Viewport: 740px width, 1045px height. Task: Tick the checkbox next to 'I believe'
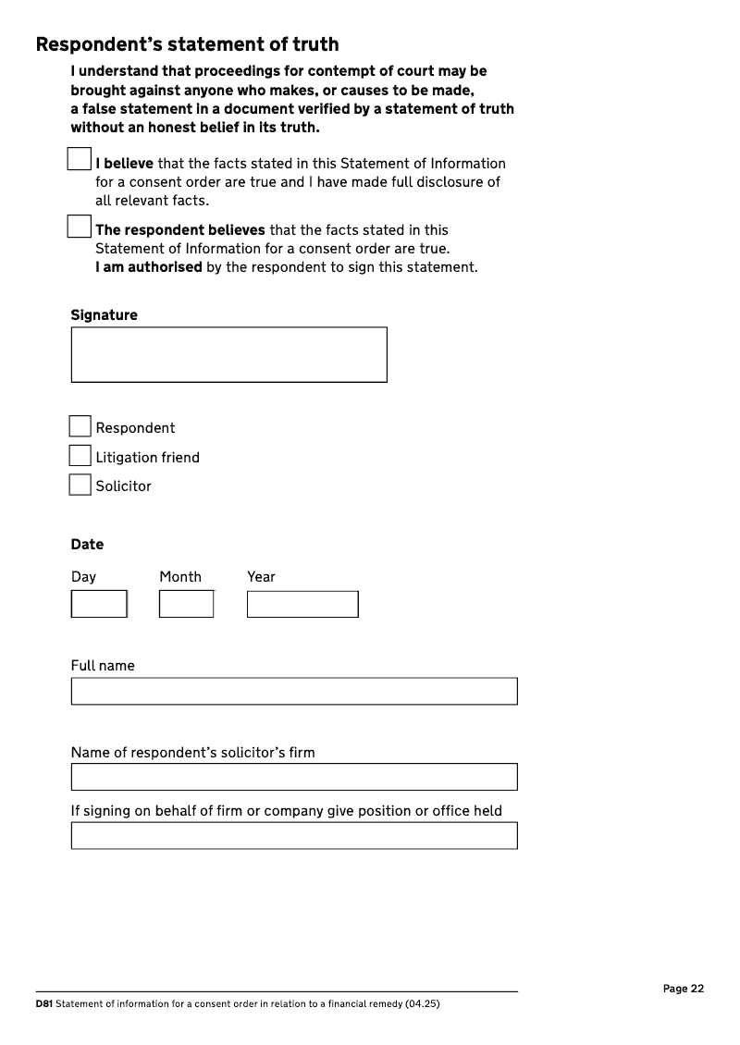80,158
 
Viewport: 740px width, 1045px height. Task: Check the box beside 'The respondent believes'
80,226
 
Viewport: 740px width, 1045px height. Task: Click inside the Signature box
228,354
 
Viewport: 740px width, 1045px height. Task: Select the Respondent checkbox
80,426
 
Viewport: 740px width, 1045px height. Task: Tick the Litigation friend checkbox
80,456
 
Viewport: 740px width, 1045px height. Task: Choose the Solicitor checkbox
80,485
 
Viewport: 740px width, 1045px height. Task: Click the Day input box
99,604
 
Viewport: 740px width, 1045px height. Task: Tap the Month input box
186,604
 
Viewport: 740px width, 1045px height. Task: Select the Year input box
302,604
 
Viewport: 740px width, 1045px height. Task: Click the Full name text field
294,691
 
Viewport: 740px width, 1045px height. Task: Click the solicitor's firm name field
294,777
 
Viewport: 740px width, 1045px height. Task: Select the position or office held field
294,835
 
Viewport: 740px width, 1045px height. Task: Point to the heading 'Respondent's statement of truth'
187,44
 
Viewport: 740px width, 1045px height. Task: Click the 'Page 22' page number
684,989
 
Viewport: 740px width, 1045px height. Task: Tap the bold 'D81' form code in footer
43,1003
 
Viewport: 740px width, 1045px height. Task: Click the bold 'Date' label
87,544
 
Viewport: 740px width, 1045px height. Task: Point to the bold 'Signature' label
104,315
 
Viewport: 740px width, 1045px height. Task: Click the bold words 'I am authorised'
148,267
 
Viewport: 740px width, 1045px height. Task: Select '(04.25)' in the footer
422,1003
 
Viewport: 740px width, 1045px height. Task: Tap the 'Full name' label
103,666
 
